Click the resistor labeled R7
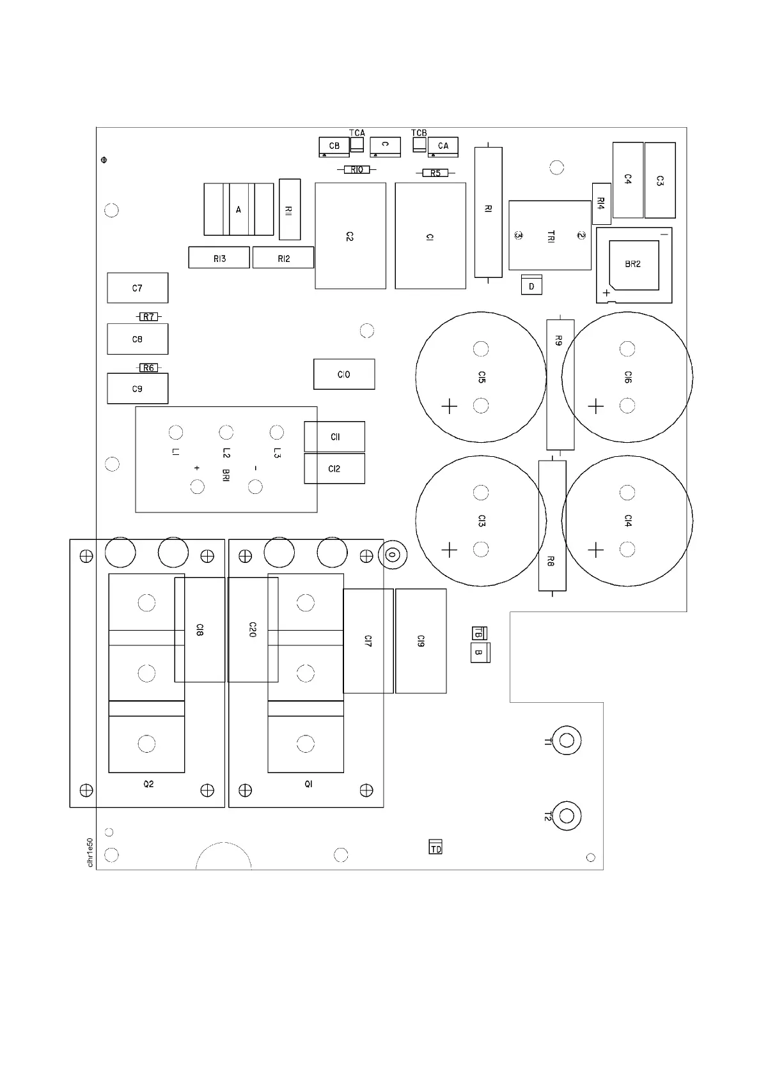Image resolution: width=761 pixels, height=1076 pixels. (148, 317)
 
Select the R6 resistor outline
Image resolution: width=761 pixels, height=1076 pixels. (148, 368)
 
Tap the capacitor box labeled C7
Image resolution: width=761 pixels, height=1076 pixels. (137, 288)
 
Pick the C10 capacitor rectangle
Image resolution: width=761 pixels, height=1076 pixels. (344, 374)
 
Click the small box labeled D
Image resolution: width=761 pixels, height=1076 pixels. (531, 286)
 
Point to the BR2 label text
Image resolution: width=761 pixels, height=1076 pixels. (632, 264)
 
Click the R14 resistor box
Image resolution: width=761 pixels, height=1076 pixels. (601, 203)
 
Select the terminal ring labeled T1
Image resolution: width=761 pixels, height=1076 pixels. (566, 741)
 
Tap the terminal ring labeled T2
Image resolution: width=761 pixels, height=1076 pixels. (566, 816)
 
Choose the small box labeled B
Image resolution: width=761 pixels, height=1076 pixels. (480, 653)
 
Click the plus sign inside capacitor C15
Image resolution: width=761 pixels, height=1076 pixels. (450, 406)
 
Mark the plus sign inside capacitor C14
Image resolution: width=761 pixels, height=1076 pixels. (596, 550)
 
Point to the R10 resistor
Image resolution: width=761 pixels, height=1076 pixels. (357, 169)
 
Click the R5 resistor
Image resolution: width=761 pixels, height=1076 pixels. (435, 173)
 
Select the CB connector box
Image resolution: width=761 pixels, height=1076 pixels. (334, 147)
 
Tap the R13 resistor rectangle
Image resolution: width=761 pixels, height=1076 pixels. (219, 258)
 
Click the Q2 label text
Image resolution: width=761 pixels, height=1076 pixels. (148, 784)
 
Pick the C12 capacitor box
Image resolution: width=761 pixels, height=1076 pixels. (334, 468)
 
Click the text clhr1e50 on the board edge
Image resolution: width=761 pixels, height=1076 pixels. (90, 852)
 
